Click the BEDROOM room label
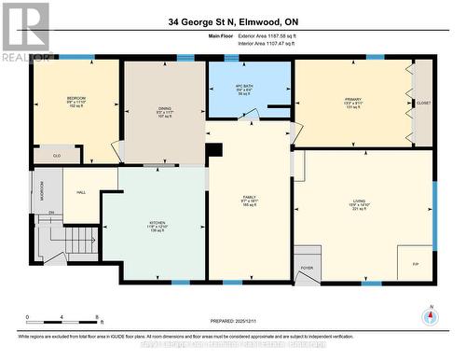(75, 98)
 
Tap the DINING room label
(164, 109)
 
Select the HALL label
(81, 192)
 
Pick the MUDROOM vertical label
(40, 190)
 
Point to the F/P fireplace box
(415, 264)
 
